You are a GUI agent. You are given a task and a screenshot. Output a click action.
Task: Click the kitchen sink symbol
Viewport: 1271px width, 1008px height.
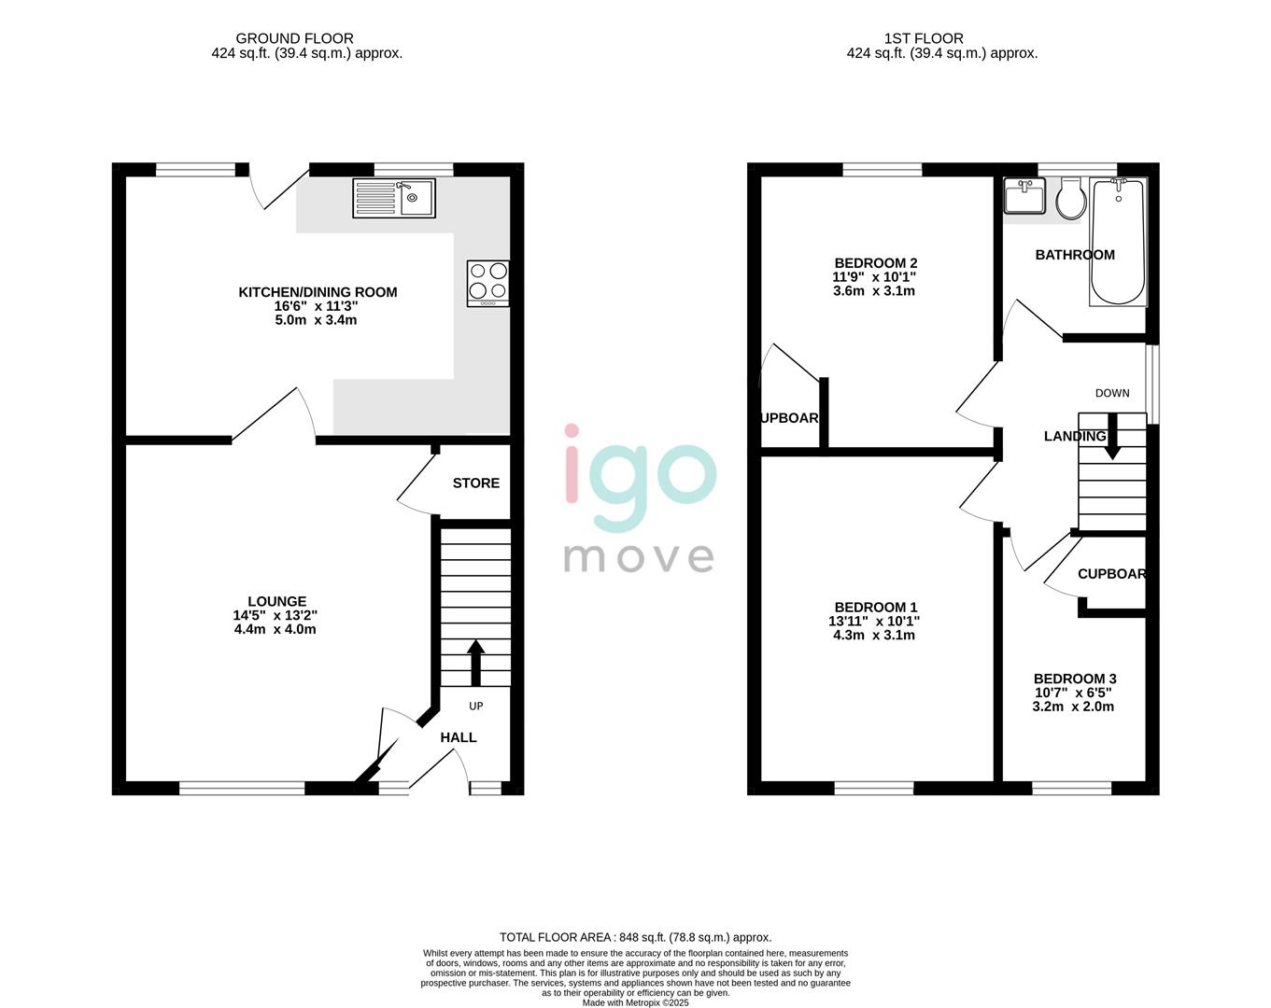(394, 198)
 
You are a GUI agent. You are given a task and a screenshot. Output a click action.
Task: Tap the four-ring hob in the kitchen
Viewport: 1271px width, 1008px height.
(488, 283)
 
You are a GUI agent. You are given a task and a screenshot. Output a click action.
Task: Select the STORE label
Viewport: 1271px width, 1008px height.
(476, 483)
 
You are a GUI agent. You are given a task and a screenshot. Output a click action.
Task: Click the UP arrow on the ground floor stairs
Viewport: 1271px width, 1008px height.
(475, 662)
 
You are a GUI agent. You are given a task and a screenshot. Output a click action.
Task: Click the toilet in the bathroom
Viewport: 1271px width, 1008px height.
(1068, 199)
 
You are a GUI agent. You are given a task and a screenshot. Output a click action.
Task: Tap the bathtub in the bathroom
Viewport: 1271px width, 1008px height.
(1118, 243)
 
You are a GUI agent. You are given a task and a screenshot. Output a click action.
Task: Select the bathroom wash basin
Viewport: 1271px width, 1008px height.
(1024, 197)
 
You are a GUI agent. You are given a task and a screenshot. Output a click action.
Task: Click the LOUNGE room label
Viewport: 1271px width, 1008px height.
(276, 602)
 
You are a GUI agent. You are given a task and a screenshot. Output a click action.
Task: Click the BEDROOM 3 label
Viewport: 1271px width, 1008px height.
(1075, 679)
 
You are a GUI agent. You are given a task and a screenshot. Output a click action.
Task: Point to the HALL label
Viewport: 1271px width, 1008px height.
(459, 737)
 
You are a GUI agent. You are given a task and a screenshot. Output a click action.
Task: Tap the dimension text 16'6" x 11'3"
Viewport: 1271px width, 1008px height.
(318, 306)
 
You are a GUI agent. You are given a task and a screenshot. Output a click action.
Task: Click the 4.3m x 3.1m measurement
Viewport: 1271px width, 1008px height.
(874, 636)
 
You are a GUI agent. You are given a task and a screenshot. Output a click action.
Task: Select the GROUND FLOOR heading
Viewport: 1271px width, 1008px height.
(294, 38)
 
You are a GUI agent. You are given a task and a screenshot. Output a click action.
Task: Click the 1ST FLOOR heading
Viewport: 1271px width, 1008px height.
(924, 38)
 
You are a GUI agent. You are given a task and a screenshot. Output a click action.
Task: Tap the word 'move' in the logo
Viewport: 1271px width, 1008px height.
(639, 557)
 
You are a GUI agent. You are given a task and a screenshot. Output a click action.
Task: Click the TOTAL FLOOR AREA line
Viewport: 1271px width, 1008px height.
(635, 937)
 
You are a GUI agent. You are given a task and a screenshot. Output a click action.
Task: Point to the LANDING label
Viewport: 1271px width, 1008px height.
(1075, 437)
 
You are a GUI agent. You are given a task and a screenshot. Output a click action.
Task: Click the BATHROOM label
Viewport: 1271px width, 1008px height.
(1075, 255)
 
